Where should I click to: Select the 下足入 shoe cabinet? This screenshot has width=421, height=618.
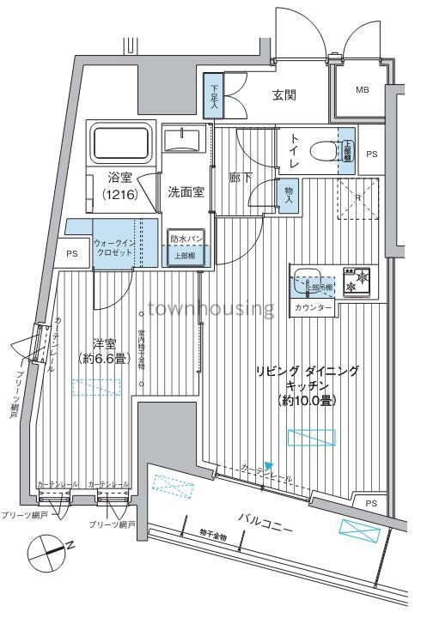(211, 97)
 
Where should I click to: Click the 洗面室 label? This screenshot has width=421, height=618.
(186, 191)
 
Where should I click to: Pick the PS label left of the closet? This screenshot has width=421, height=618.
(71, 255)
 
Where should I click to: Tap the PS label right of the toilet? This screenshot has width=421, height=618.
(371, 154)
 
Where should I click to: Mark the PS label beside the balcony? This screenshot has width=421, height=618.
(370, 503)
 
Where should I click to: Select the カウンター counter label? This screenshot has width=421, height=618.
(312, 306)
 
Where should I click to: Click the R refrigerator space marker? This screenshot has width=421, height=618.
(357, 197)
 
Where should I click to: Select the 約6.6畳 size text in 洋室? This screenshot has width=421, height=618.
(107, 360)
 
